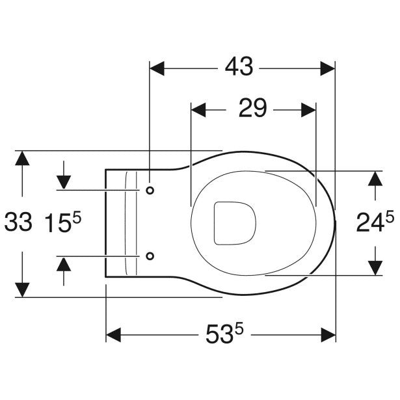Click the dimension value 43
click(239, 66)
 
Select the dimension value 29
click(252, 108)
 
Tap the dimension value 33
click(19, 222)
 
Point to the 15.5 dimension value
click(62, 222)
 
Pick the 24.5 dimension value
click(375, 222)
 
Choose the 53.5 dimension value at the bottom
click(224, 333)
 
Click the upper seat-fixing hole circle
click(150, 191)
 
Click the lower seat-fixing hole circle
click(150, 256)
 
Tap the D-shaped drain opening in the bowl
click(235, 224)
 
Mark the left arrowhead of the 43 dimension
click(157, 68)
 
